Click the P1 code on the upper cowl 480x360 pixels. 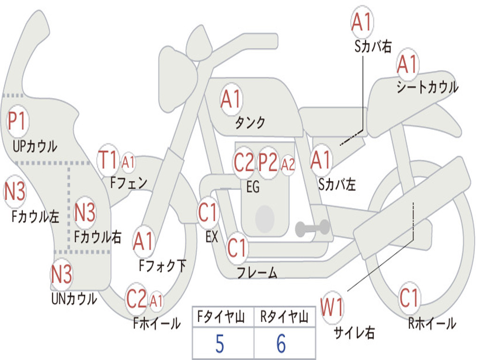tap(17, 121)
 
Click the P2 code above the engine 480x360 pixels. tap(268, 162)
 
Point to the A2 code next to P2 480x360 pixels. tap(288, 165)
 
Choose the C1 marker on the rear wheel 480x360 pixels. tap(409, 298)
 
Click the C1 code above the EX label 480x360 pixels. tap(207, 212)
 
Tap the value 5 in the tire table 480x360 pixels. tap(220, 344)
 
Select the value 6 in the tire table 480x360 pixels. tap(281, 344)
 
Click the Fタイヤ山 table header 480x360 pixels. tap(221, 317)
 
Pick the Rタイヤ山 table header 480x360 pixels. tap(284, 317)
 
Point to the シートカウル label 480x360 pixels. tap(427, 87)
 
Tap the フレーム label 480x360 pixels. tap(257, 272)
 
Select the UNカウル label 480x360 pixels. tap(74, 299)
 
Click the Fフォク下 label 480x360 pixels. tap(162, 265)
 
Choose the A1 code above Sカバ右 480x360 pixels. tap(362, 22)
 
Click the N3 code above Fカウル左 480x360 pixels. tap(15, 191)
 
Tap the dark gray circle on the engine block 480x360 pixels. tap(264, 218)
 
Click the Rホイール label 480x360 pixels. tap(432, 323)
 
